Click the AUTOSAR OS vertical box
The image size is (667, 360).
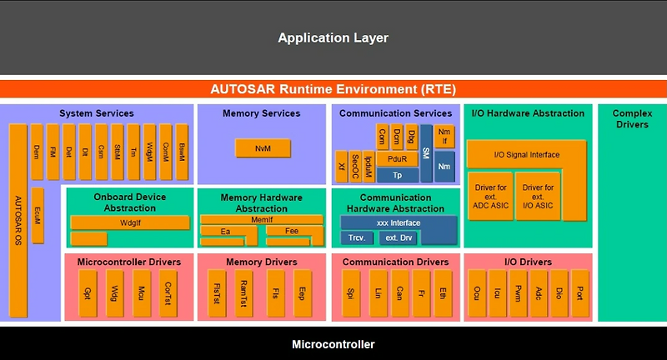coord(18,221)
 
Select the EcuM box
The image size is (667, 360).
coord(37,215)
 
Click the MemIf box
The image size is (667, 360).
coord(261,219)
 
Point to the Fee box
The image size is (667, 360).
coord(292,231)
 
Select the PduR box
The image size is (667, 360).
coord(397,158)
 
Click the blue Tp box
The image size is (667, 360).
coord(397,175)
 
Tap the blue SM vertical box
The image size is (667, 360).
coord(426,153)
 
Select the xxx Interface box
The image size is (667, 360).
coord(399,222)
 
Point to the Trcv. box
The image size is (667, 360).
coord(357,238)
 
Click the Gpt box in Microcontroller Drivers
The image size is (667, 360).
coord(88,293)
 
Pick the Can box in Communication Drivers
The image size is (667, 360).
coord(400,293)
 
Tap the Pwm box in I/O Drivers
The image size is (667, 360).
coord(517,293)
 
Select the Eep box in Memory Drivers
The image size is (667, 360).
coord(302,293)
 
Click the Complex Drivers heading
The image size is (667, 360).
coord(632,118)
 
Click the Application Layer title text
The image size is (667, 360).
coord(333,37)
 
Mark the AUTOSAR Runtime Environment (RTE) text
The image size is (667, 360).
coord(333,88)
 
